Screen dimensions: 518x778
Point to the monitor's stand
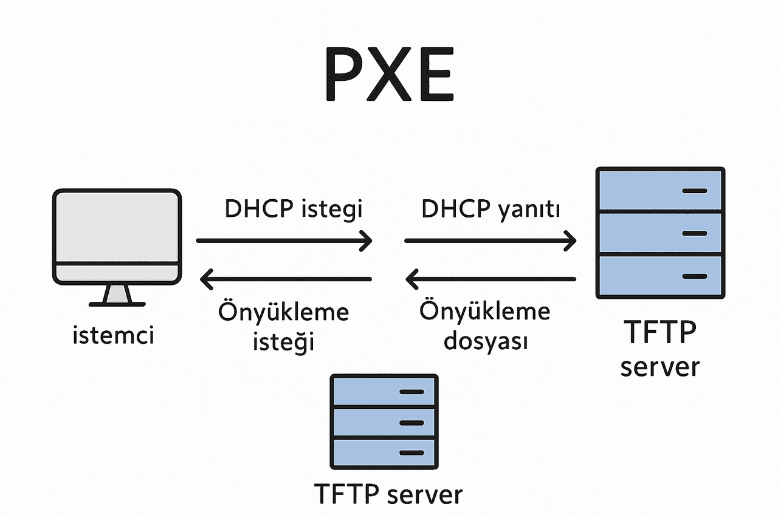117,296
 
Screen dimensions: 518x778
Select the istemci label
113,335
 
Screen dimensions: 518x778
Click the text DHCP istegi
294,209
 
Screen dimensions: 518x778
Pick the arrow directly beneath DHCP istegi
284,240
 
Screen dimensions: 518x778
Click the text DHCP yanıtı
491,209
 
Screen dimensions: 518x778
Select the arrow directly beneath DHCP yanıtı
490,241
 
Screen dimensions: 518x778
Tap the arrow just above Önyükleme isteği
286,279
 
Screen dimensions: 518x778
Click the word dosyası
485,341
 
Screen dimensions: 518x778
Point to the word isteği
283,342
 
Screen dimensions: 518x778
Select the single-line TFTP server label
388,494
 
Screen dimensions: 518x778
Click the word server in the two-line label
660,367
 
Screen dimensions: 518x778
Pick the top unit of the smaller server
384,391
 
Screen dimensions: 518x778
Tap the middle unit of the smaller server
384,422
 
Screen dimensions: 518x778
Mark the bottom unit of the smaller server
384,452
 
